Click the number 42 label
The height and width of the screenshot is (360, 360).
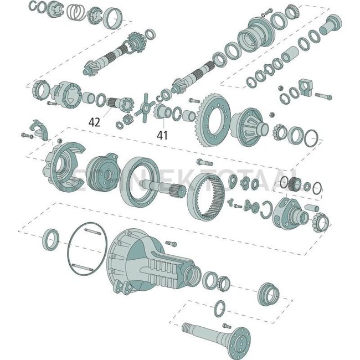(x=95, y=122)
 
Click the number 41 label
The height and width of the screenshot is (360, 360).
(x=162, y=133)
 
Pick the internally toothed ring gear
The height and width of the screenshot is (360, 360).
(x=212, y=196)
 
